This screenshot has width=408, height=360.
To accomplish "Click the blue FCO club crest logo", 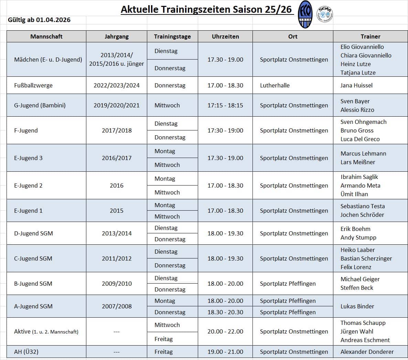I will tap(305, 14).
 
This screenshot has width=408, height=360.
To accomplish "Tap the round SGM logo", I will tap(324, 14).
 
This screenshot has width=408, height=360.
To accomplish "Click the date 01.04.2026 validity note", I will tap(39, 20).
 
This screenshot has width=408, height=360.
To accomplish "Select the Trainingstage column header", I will tap(172, 36).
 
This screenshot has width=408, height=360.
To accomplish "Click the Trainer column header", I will tap(371, 36).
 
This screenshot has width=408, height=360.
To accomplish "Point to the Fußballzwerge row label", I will tap(33, 85).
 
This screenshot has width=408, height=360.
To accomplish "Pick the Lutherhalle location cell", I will tap(275, 85).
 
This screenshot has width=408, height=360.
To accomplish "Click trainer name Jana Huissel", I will tap(356, 85).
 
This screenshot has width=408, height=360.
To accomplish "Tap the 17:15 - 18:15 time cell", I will tap(225, 105).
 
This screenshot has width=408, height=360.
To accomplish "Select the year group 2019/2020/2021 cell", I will tap(117, 105).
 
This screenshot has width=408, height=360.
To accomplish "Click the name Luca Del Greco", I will tap(360, 139).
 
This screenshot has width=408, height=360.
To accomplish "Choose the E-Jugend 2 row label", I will tap(29, 186).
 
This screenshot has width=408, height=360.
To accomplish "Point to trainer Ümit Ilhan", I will tap(354, 194).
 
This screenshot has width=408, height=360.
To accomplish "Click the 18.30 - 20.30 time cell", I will tap(225, 312).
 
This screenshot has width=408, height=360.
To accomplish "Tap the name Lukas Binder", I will tap(357, 306).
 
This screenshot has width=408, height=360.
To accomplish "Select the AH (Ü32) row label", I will tap(26, 352).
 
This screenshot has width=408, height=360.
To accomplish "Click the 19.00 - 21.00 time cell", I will tap(225, 352).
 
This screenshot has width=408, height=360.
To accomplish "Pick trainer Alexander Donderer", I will tap(367, 352).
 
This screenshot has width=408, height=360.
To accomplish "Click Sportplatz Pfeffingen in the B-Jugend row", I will tap(288, 284).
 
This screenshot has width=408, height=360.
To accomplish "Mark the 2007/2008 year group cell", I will tap(117, 306).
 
